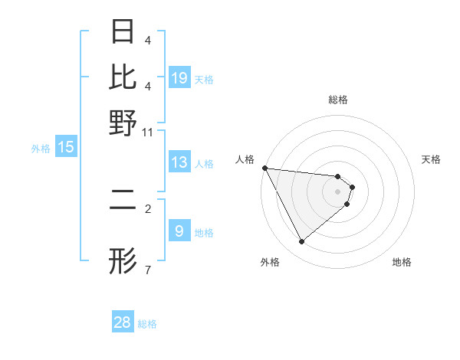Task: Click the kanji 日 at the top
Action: pyautogui.click(x=123, y=31)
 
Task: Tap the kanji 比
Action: pyautogui.click(x=123, y=77)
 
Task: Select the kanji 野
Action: pyautogui.click(x=123, y=123)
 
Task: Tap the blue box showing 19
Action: pyautogui.click(x=179, y=78)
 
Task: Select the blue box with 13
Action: pyautogui.click(x=179, y=163)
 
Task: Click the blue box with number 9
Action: pyautogui.click(x=179, y=231)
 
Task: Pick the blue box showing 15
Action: pyautogui.click(x=66, y=148)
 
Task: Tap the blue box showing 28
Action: pyautogui.click(x=123, y=322)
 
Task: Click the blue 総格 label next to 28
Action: pyautogui.click(x=147, y=324)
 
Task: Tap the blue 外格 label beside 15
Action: pyautogui.click(x=40, y=149)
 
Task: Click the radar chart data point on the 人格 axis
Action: pyautogui.click(x=264, y=168)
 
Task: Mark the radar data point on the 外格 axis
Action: pyautogui.click(x=301, y=242)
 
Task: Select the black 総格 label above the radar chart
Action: pyautogui.click(x=338, y=100)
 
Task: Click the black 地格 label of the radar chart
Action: pyautogui.click(x=402, y=262)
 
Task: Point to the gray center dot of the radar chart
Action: pyautogui.click(x=338, y=191)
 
